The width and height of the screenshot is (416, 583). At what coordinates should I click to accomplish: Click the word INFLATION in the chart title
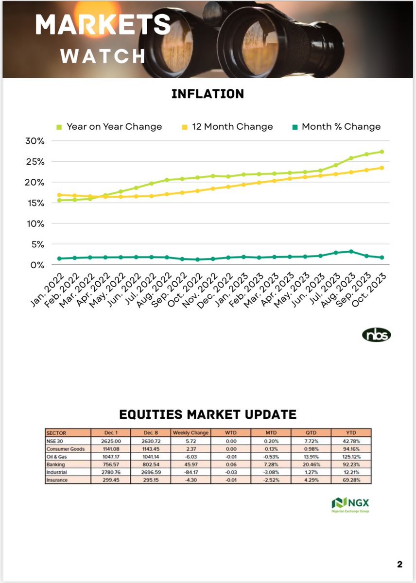(x=208, y=94)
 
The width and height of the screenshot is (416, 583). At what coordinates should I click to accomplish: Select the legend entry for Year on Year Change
(x=109, y=127)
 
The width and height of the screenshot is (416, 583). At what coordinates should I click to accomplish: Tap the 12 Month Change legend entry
(x=228, y=127)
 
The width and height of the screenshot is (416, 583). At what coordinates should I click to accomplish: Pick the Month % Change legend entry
(x=336, y=127)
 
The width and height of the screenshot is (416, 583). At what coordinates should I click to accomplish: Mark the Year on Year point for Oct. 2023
(x=382, y=152)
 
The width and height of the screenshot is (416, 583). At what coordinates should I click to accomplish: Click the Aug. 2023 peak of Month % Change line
(x=351, y=251)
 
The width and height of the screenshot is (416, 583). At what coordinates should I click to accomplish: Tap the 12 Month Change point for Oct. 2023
(x=382, y=168)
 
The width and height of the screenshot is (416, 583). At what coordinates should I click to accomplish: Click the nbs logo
(x=377, y=335)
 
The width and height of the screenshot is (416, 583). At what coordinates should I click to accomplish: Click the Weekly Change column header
(x=191, y=432)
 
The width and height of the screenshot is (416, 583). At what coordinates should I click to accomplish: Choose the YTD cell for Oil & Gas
(x=351, y=457)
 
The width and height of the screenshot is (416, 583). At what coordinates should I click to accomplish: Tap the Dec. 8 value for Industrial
(x=151, y=473)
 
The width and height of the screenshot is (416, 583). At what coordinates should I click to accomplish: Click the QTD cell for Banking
(x=311, y=465)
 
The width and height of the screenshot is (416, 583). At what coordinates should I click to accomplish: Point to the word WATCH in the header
(x=103, y=56)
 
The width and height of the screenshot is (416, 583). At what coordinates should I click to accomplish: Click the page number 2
(x=399, y=565)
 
